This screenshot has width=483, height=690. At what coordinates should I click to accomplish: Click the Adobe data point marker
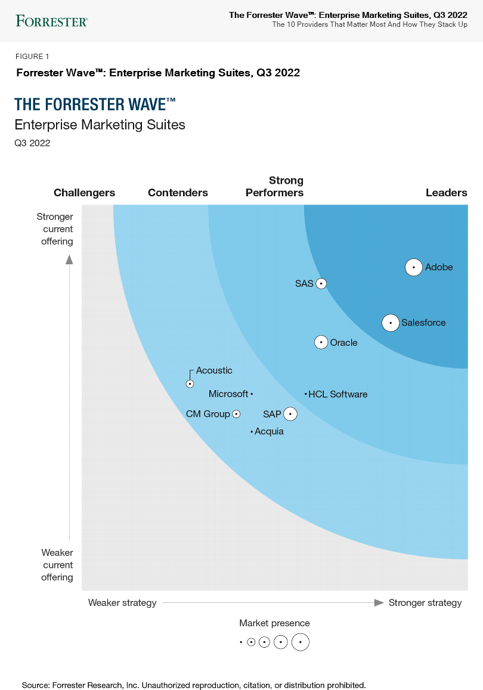coord(414,268)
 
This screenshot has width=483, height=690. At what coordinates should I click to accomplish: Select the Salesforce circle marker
coord(391,323)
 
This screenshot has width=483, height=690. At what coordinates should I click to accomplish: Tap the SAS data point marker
coord(321,284)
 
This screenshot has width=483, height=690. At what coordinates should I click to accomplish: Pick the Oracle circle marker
coord(321,342)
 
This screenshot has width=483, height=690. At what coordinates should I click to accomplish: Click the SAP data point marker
coord(290,414)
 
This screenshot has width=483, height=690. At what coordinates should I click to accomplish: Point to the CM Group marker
coord(236,414)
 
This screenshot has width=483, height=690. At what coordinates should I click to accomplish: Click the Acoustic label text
coord(214,370)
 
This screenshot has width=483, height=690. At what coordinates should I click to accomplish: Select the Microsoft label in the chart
coord(228,394)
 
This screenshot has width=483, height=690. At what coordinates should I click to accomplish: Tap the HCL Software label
coord(338,394)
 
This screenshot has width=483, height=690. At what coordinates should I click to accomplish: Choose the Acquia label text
coord(269,431)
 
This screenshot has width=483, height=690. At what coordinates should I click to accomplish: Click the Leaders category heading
coord(446,193)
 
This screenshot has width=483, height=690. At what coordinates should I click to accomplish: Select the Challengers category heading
coord(84,193)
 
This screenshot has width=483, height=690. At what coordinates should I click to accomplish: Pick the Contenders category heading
coord(178,193)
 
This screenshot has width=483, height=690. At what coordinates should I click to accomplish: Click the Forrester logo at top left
coord(52,21)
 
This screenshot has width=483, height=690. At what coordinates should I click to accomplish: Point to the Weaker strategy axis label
coord(122,603)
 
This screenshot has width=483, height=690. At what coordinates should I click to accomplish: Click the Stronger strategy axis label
coord(425,603)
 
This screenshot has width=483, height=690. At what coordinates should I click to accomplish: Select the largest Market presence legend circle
coord(301,642)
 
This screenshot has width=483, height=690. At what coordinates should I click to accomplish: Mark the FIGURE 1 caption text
coord(33,57)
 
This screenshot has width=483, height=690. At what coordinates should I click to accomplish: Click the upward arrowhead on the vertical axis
coord(69,259)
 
